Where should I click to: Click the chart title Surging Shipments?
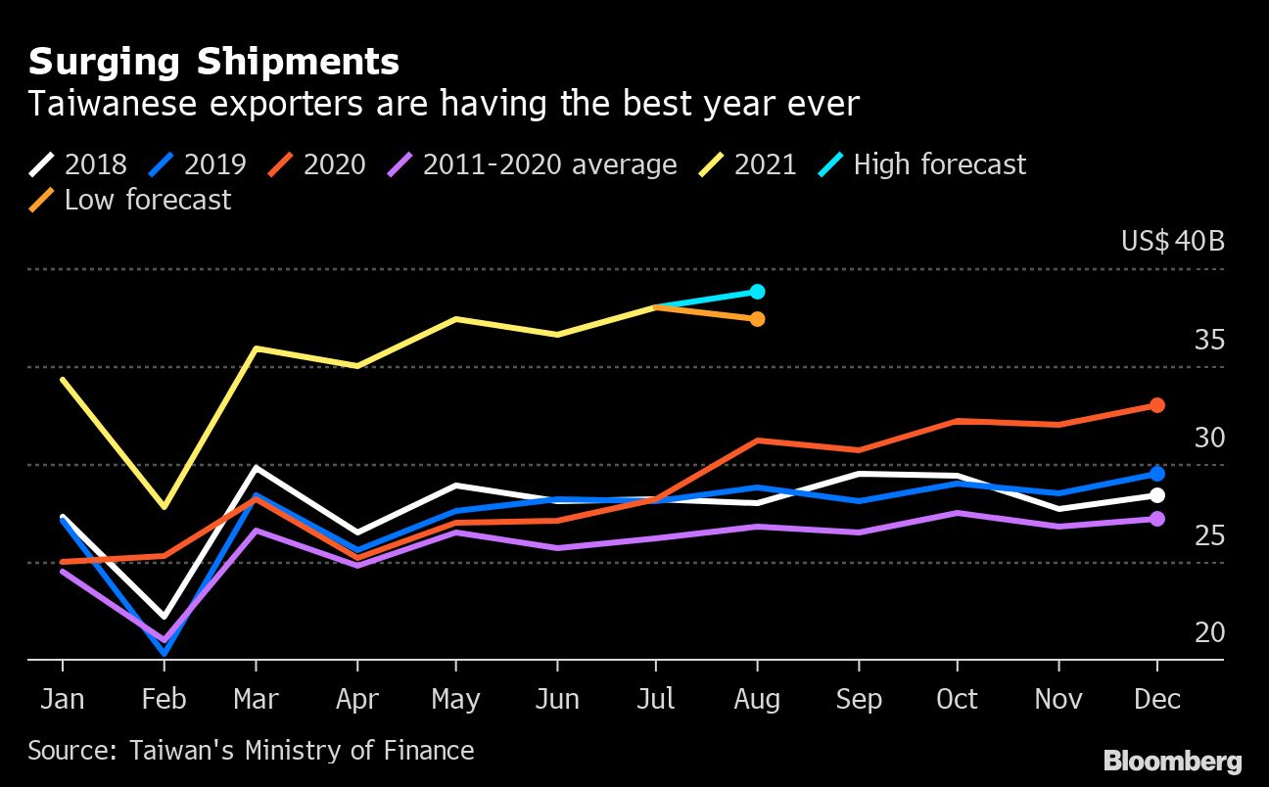[213, 62]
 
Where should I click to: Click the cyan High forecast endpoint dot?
[757, 292]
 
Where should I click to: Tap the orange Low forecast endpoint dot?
[757, 319]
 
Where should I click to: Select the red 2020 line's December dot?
[1156, 405]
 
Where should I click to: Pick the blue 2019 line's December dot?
[1156, 474]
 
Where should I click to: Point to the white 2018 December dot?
[1156, 495]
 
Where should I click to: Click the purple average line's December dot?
[1156, 519]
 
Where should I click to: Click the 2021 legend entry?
[749, 163]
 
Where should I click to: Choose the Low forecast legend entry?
[130, 200]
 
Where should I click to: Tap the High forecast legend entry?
[922, 163]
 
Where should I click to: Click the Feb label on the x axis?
[163, 699]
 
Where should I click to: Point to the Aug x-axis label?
[757, 699]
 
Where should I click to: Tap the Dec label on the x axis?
[1156, 699]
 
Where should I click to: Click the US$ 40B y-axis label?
[1173, 241]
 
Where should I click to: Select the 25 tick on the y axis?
[1209, 535]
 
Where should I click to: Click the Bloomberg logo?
[1172, 761]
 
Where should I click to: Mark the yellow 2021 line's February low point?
[164, 506]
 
